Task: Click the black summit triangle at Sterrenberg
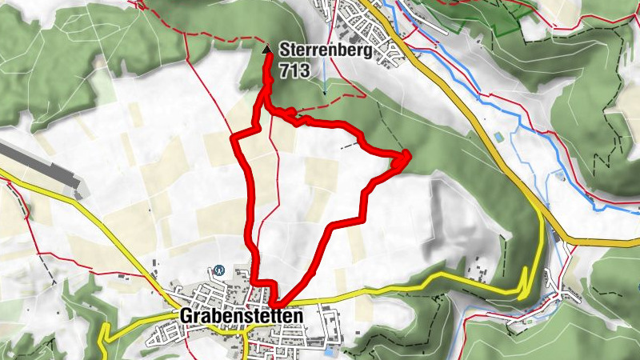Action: (x=267, y=50)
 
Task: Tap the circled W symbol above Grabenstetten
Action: (x=218, y=269)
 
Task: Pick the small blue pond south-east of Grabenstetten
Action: (x=330, y=350)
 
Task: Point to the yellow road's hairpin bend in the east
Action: (x=526, y=276)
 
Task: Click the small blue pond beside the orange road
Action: (x=500, y=138)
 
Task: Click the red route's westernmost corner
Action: (x=233, y=139)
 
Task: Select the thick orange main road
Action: (x=480, y=136)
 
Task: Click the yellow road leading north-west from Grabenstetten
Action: (x=120, y=248)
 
